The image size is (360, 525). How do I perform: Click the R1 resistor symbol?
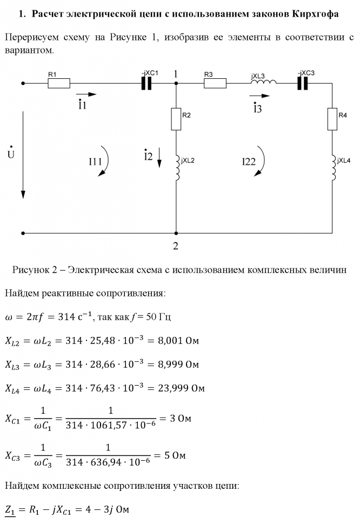[x=59, y=83]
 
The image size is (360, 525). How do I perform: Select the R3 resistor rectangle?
[x=215, y=83]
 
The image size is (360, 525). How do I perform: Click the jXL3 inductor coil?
[x=265, y=83]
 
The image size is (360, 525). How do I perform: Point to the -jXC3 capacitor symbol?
[x=303, y=83]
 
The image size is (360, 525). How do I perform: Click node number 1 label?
[x=176, y=72]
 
